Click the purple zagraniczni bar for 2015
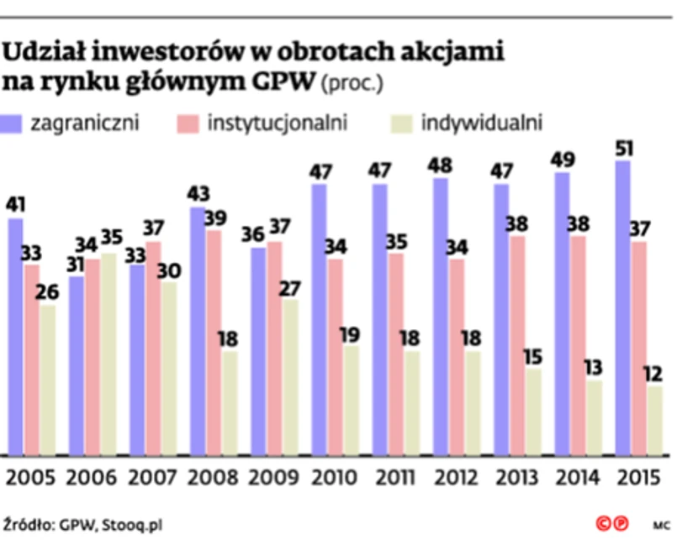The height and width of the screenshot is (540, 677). [x=623, y=307]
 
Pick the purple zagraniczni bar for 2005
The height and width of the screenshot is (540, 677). [x=15, y=336]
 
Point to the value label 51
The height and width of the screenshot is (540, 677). [x=623, y=149]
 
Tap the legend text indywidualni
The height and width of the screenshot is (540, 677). [x=481, y=123]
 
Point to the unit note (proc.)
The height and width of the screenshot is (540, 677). [x=353, y=83]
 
